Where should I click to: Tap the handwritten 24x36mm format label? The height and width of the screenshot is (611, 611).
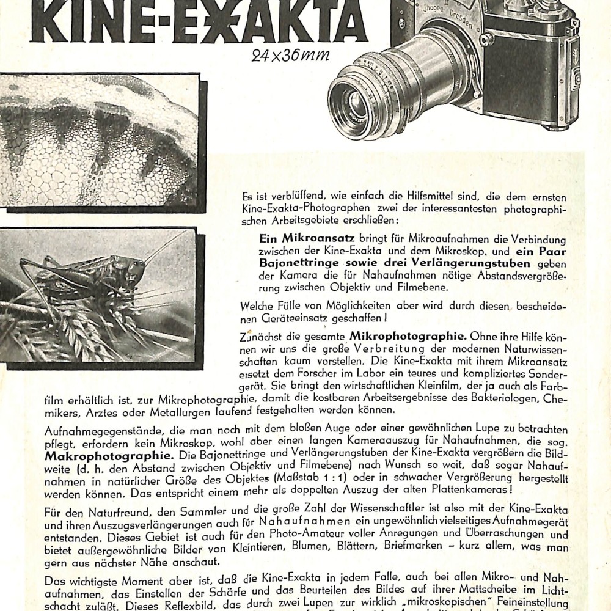click(x=290, y=56)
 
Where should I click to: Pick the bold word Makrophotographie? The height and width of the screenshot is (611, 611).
click(x=103, y=455)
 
